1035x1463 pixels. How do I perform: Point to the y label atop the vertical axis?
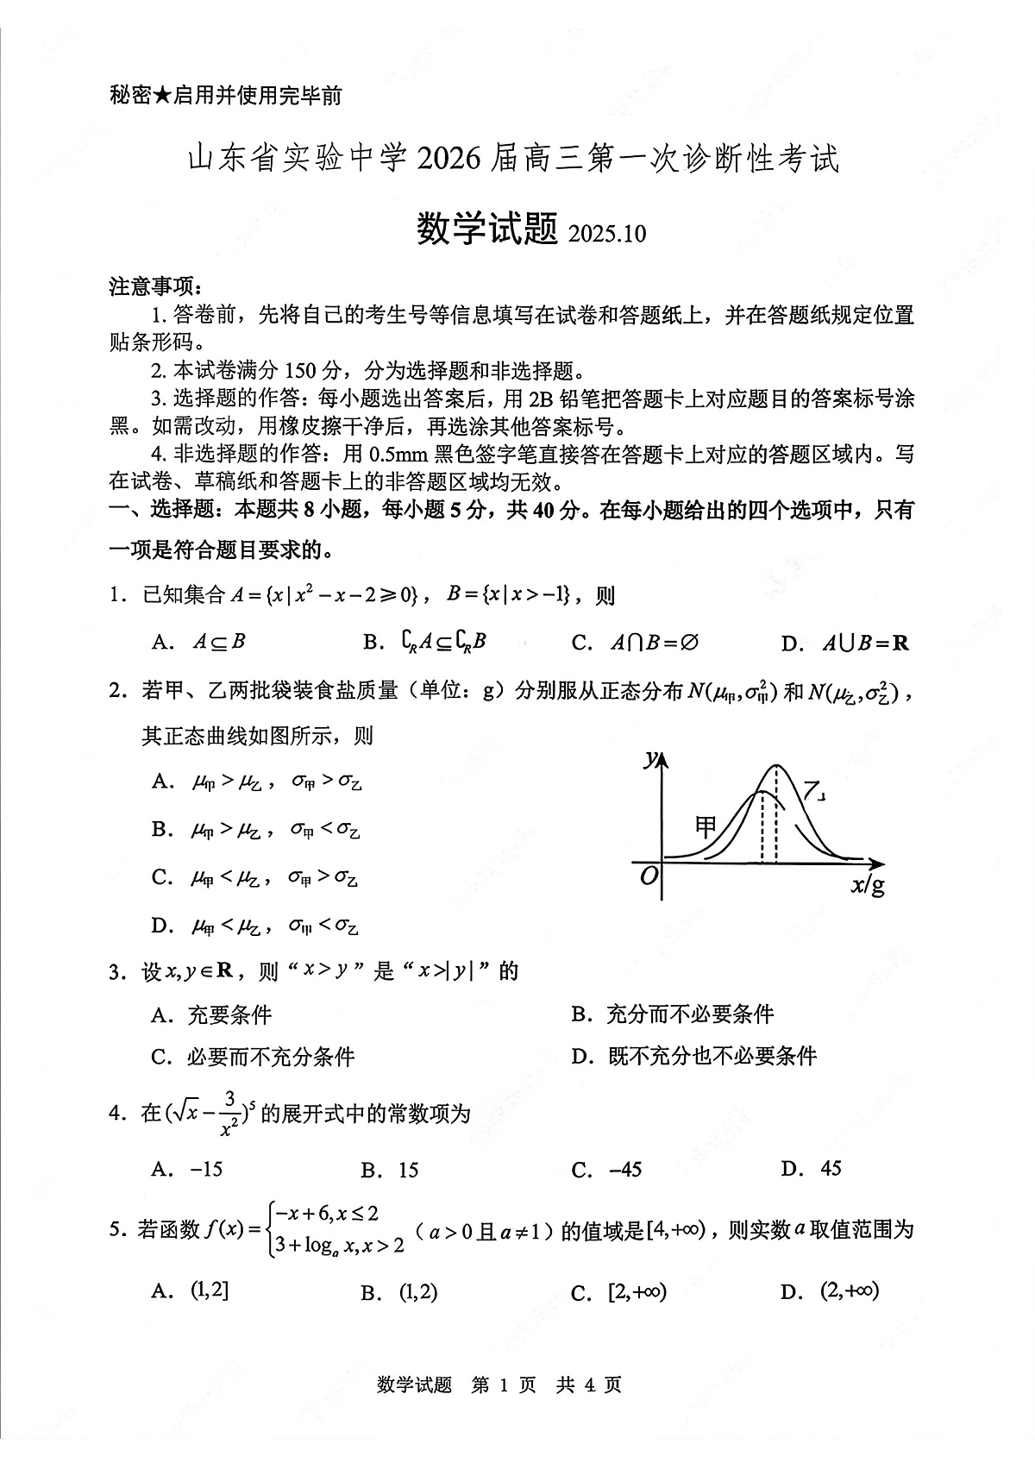[x=649, y=758]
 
